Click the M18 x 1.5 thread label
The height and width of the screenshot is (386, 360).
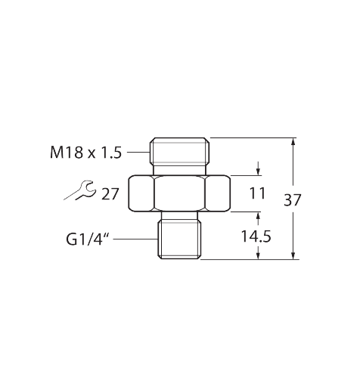pyautogui.click(x=86, y=153)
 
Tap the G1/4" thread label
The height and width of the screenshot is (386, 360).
pyautogui.click(x=88, y=239)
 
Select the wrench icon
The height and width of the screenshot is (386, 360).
pyautogui.click(x=80, y=190)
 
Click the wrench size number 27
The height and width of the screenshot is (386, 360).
pyautogui.click(x=110, y=194)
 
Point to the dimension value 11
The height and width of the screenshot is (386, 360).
pyautogui.click(x=257, y=193)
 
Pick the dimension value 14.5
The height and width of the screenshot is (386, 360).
pyautogui.click(x=256, y=236)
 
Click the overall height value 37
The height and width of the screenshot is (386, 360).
pyautogui.click(x=293, y=200)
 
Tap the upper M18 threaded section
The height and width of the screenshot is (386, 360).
pyautogui.click(x=180, y=151)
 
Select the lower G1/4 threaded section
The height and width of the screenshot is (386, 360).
pyautogui.click(x=179, y=239)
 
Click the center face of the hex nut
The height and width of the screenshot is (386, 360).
pyautogui.click(x=180, y=193)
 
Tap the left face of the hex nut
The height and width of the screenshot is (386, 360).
pyautogui.click(x=141, y=193)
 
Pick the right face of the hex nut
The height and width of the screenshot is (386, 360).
pyautogui.click(x=218, y=193)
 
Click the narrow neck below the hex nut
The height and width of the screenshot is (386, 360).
pyautogui.click(x=179, y=215)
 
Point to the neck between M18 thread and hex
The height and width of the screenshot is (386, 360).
pyautogui.click(x=180, y=170)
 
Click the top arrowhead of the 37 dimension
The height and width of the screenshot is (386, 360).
pyautogui.click(x=293, y=141)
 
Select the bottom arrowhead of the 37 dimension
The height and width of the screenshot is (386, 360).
pyautogui.click(x=293, y=255)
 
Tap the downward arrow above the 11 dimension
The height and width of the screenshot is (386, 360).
pyautogui.click(x=258, y=168)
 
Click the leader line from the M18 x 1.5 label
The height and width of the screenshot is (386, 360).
pyautogui.click(x=139, y=152)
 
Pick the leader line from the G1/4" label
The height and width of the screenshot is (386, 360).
pyautogui.click(x=135, y=239)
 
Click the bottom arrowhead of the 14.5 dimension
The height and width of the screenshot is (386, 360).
pyautogui.click(x=258, y=255)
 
